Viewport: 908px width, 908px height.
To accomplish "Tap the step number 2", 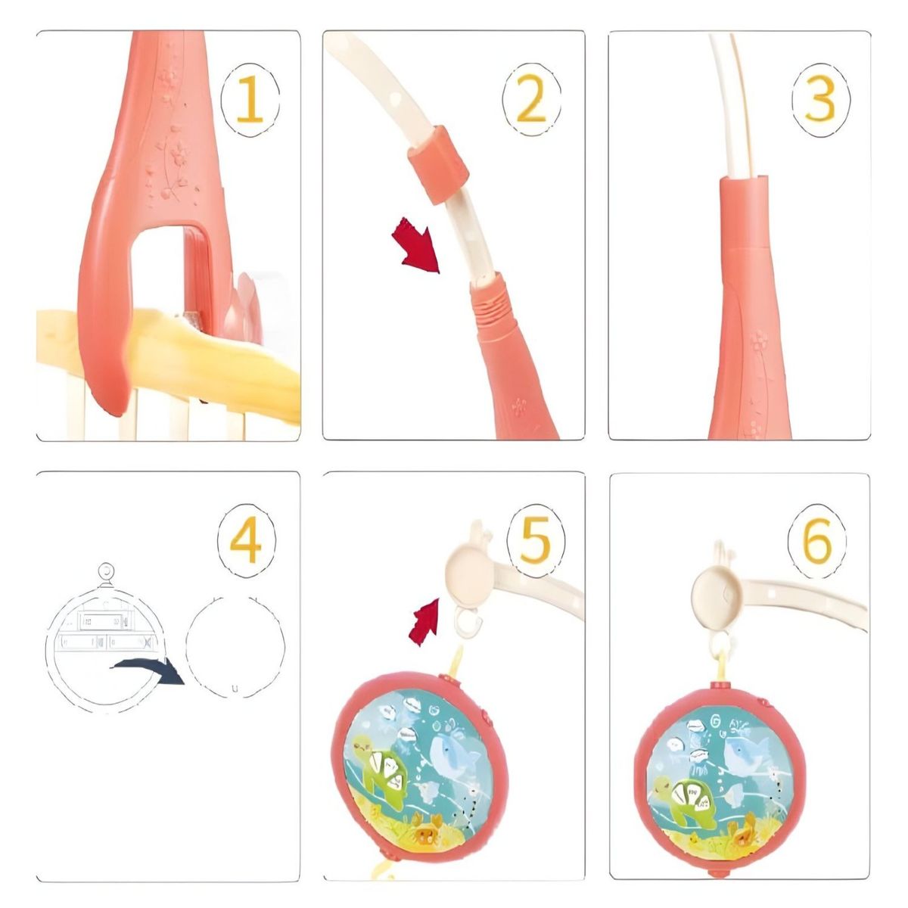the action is tap(531, 99).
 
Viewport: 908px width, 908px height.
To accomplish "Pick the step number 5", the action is tap(536, 540).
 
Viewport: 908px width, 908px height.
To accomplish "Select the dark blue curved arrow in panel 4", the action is tap(148, 670).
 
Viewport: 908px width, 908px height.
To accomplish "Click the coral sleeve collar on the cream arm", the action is tap(439, 165).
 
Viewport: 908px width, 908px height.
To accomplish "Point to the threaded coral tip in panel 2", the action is tap(492, 302).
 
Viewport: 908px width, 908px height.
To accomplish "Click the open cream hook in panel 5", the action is tap(469, 622).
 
